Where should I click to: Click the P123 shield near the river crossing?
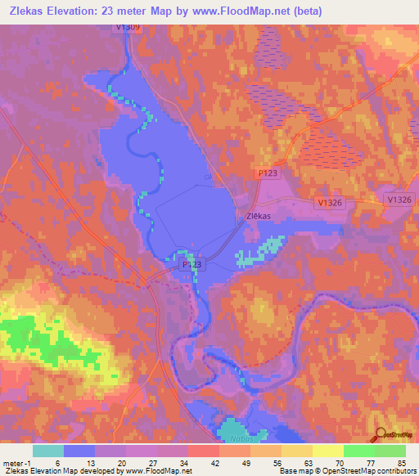(191, 265)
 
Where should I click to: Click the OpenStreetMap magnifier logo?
(381, 434)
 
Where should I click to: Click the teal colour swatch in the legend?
(48, 451)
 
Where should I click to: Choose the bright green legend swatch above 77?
(358, 451)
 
